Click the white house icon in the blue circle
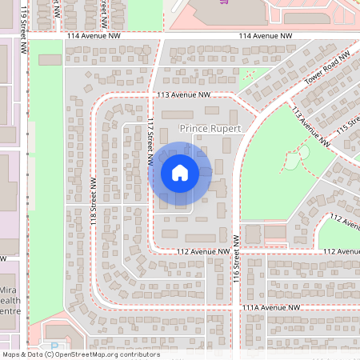tap(180, 173)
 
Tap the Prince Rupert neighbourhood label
tap(210, 128)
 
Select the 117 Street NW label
tap(150, 142)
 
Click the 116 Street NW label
tap(236, 259)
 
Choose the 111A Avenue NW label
tap(271, 307)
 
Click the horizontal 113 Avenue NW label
tap(183, 94)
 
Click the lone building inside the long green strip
tap(49, 60)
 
